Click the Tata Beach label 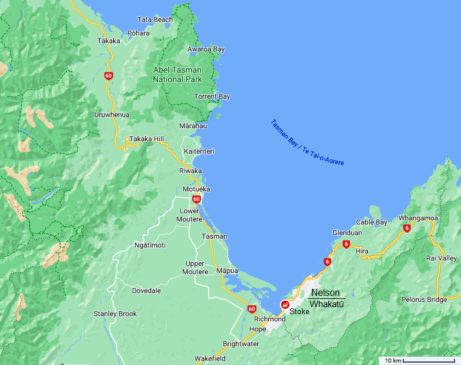(155, 19)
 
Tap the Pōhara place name (139, 33)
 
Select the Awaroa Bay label (206, 49)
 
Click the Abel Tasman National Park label (177, 74)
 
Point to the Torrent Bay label (212, 96)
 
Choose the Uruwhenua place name (111, 115)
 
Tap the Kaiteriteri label (199, 152)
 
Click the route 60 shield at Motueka (196, 199)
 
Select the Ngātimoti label (150, 245)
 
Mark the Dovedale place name (146, 291)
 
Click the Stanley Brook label (115, 314)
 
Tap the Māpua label (227, 271)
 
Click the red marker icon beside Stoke (285, 305)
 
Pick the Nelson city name (325, 293)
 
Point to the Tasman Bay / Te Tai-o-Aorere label (307, 142)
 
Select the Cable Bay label (372, 222)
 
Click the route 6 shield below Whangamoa (407, 228)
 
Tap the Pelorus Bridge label (424, 299)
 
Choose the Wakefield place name (210, 359)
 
